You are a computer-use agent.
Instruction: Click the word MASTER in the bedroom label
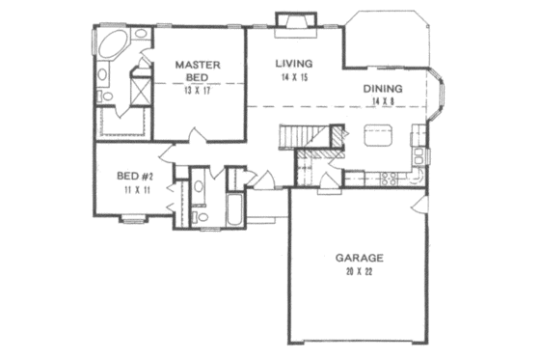(x=199, y=65)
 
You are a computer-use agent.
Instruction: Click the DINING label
(x=383, y=90)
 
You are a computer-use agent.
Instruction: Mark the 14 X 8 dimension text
(x=383, y=103)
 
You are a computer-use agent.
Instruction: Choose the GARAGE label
(x=360, y=258)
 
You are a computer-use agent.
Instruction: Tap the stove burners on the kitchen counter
(x=390, y=178)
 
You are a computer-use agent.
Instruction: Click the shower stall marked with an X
(x=139, y=92)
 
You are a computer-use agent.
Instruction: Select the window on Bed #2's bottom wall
(x=133, y=222)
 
